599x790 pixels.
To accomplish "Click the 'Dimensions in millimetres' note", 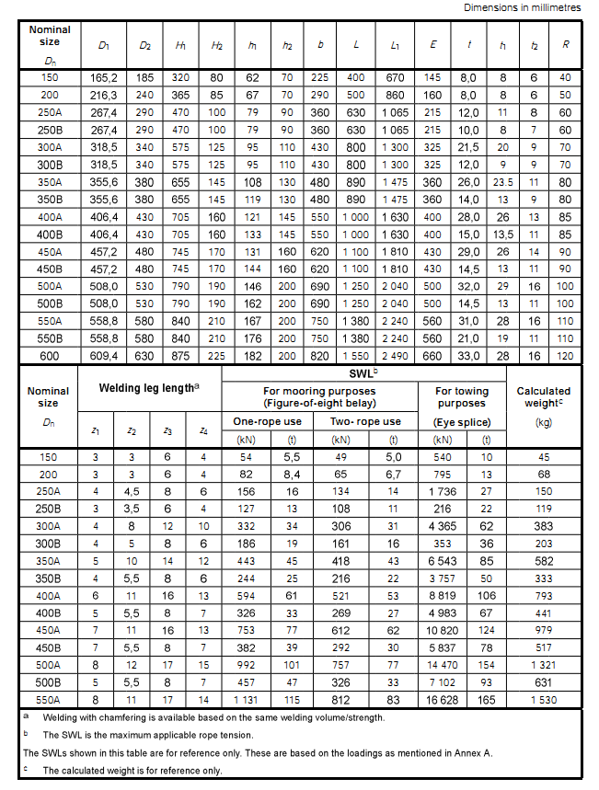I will click(522, 7).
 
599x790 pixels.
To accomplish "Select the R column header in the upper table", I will click(565, 45).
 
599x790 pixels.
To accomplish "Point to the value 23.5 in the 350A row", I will click(502, 182).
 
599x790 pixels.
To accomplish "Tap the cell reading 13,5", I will click(502, 234).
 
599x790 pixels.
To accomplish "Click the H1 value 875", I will click(181, 355).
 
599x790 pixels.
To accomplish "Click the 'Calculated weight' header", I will click(543, 396).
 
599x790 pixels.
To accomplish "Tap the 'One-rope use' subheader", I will click(268, 421).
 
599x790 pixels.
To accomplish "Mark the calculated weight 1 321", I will click(543, 665).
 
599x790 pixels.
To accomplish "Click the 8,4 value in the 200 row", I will click(292, 475).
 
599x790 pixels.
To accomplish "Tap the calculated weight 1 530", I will click(543, 700).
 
